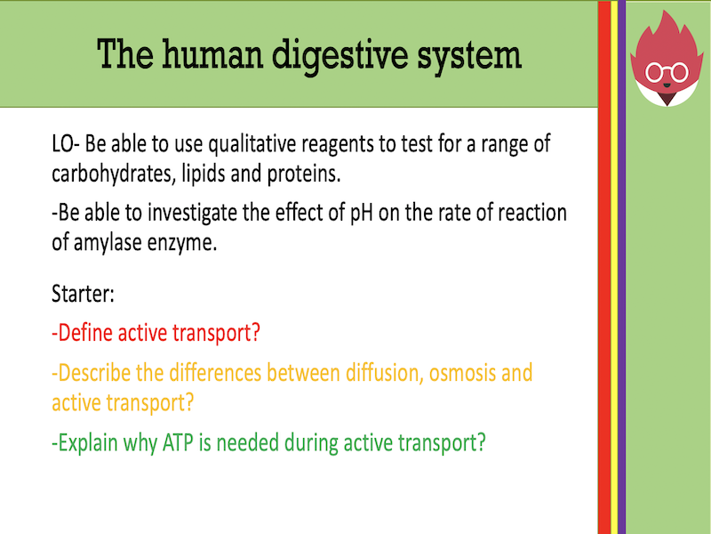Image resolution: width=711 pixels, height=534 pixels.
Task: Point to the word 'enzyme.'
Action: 184,244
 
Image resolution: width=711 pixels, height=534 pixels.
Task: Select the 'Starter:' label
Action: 83,292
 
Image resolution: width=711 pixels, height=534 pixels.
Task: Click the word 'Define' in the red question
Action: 86,334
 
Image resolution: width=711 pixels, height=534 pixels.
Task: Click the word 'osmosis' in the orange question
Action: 461,372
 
